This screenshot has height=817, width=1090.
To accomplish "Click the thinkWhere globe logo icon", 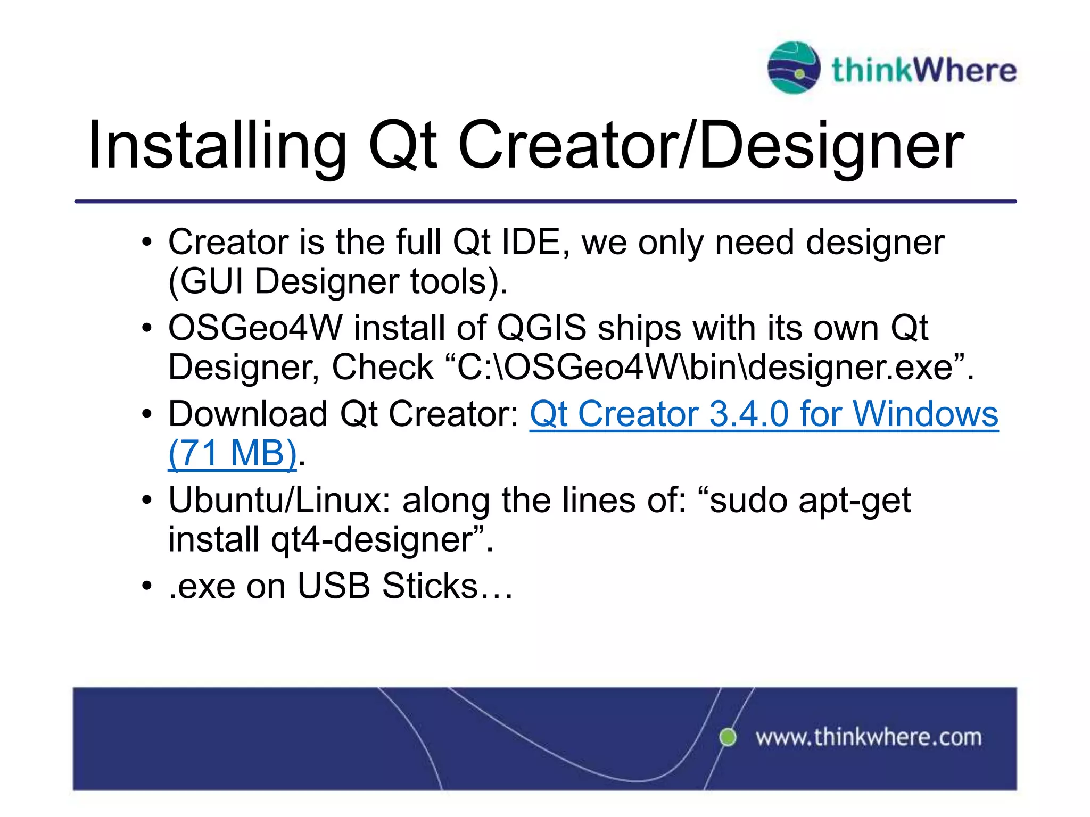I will (793, 68).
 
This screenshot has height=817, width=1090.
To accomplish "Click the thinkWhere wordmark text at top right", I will (924, 70).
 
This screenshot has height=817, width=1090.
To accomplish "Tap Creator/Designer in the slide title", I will (711, 145).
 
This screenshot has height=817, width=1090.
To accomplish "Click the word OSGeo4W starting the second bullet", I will (255, 328).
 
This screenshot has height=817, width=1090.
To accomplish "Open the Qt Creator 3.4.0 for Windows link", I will (764, 414).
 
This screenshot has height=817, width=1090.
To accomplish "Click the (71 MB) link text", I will (232, 453).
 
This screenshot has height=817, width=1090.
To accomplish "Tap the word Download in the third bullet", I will (247, 414).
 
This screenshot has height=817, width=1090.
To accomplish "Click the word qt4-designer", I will (372, 539).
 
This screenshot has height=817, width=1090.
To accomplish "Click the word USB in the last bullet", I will (333, 586).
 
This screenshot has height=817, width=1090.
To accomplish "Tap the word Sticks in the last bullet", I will (430, 586).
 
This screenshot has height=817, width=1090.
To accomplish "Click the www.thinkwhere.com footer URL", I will (869, 738).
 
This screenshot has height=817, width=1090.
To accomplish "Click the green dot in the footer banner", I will (728, 737).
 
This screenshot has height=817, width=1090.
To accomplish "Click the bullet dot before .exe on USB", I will (147, 587).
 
